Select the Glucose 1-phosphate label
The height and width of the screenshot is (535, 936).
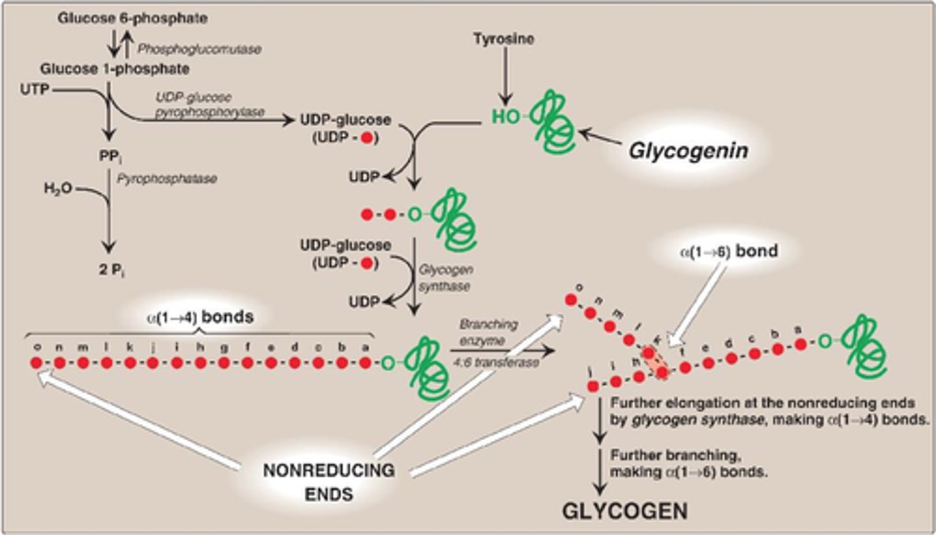(x=114, y=68)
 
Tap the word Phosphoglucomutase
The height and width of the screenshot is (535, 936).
(x=199, y=50)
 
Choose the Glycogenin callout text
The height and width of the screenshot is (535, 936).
(x=688, y=151)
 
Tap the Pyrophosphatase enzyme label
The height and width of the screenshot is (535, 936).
(x=175, y=178)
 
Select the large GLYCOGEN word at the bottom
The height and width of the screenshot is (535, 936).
(x=624, y=511)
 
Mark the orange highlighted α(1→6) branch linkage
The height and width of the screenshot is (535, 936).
(x=655, y=361)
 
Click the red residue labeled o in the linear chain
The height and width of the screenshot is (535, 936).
(x=36, y=363)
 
